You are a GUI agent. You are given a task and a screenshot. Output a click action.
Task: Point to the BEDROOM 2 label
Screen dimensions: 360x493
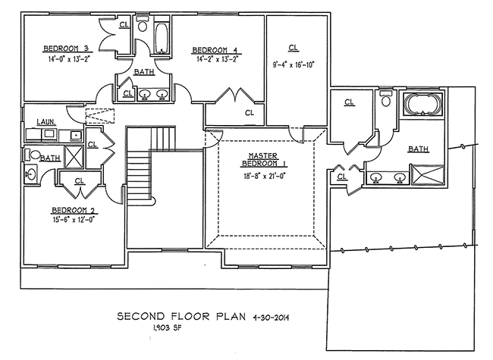[x=73, y=210]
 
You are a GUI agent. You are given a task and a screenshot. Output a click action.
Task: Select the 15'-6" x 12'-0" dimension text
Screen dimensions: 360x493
[x=74, y=220]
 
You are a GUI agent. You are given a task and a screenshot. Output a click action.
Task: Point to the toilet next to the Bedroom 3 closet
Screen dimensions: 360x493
[x=143, y=25]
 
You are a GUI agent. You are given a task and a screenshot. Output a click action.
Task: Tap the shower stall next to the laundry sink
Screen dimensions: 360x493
[x=74, y=157]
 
